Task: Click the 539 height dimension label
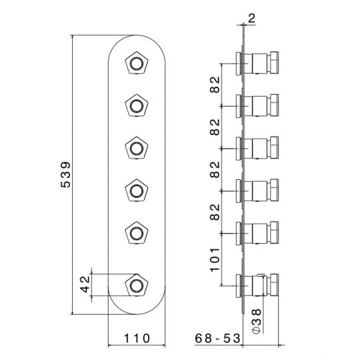pos(66,175)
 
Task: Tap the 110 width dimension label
pos(137,339)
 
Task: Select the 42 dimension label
pos(85,284)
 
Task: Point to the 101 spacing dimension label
pos(215,260)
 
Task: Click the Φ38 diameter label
pos(257,321)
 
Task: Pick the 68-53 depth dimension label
pos(217,339)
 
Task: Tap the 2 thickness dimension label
pos(251,19)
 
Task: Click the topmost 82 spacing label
pos(215,85)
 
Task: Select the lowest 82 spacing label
pos(215,212)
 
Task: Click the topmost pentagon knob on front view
pos(137,63)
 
